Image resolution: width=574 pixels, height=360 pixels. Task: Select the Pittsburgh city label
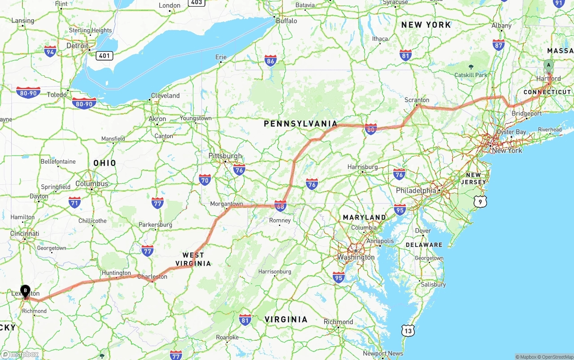225,156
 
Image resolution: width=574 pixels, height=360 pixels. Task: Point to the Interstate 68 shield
281,206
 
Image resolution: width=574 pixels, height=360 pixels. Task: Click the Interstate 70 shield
205,180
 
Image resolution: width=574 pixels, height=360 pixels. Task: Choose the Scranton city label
417,100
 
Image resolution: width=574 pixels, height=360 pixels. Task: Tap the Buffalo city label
286,21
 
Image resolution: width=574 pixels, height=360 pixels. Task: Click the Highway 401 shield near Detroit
104,56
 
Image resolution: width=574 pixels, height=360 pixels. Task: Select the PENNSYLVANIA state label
300,123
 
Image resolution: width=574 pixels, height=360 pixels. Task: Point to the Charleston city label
152,277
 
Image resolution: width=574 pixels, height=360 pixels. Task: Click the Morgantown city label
226,204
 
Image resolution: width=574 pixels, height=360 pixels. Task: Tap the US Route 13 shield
408,331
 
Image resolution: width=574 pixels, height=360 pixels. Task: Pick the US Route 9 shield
480,202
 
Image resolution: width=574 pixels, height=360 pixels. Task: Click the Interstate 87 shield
498,44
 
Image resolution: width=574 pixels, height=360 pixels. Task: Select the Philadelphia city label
416,191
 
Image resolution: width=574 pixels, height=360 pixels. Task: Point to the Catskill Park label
470,75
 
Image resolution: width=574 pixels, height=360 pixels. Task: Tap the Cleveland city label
165,95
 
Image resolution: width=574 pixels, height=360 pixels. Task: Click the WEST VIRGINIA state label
193,259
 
